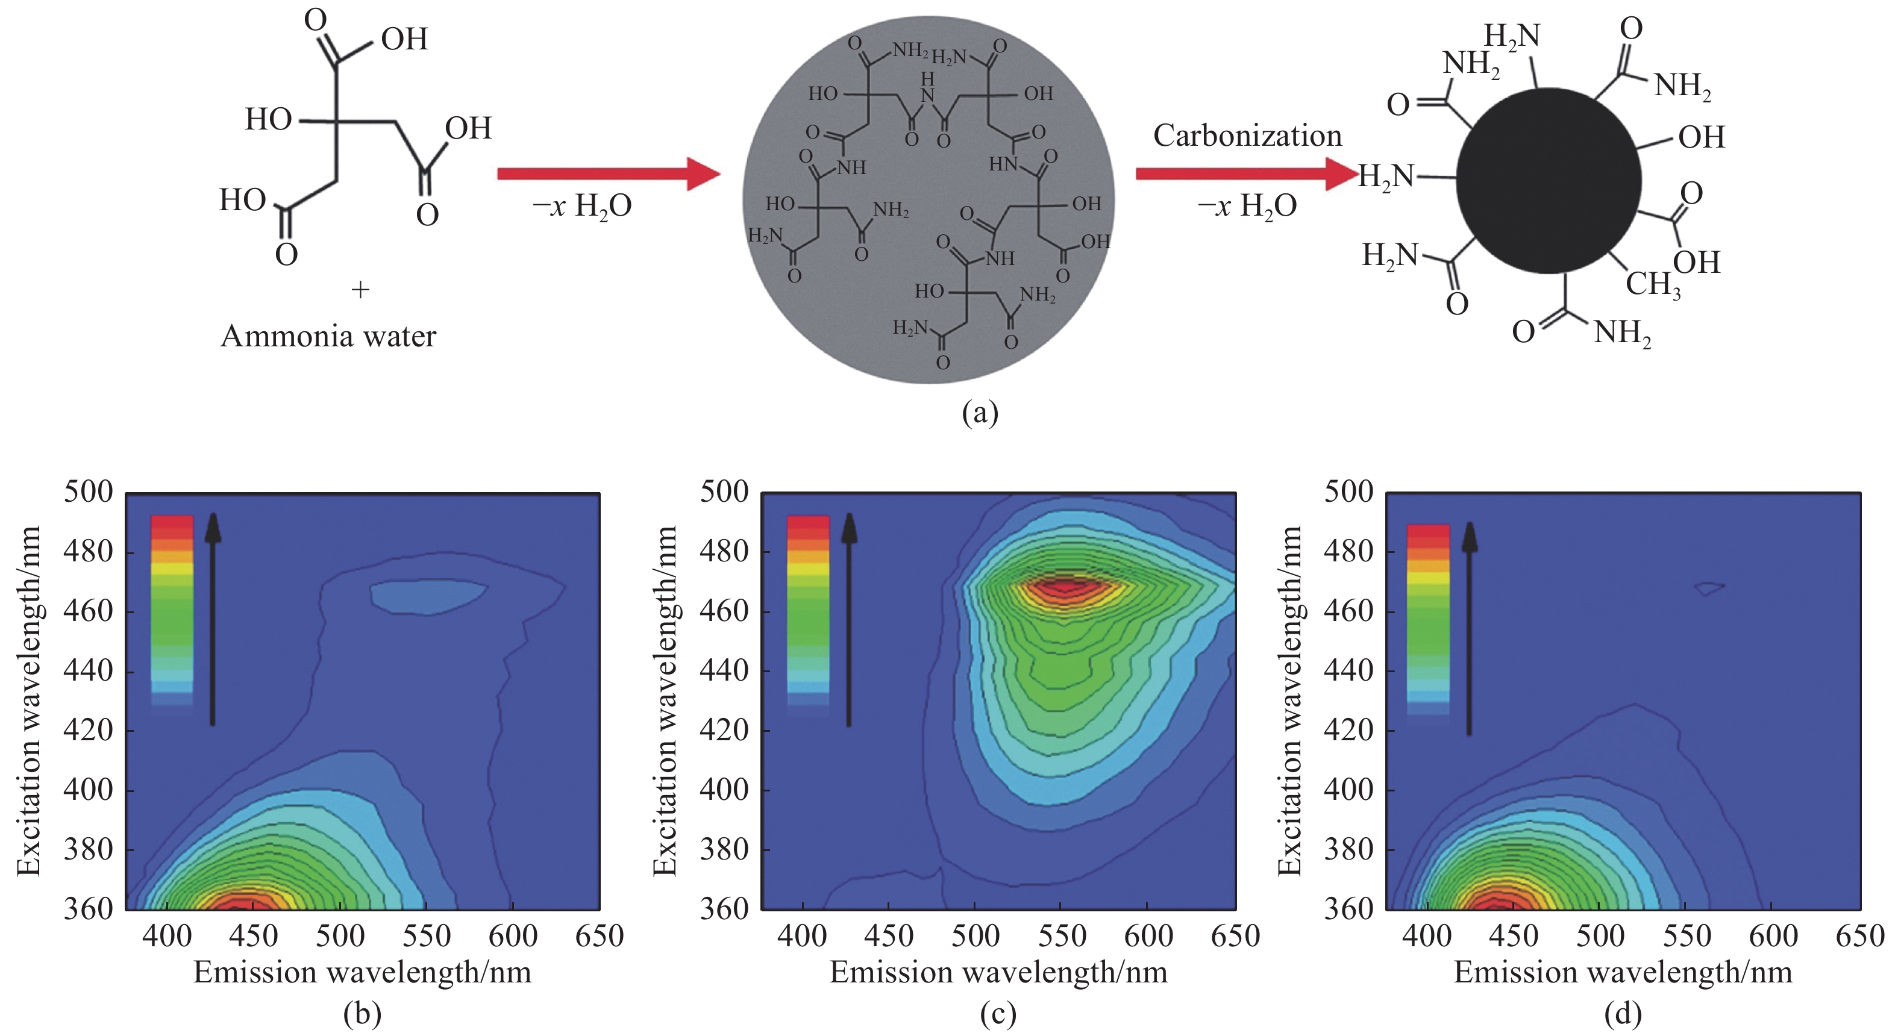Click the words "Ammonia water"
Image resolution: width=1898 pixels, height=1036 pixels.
coord(328,337)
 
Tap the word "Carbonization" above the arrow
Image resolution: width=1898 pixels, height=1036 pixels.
coord(1247,136)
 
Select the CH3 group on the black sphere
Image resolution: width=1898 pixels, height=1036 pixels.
coord(1653,284)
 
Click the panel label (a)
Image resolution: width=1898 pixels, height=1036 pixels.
coord(979,413)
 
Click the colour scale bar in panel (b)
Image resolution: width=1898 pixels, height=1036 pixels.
coord(172,611)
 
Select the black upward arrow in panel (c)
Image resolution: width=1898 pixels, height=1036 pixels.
coord(849,619)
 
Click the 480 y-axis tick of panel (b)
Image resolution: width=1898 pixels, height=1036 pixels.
coord(88,552)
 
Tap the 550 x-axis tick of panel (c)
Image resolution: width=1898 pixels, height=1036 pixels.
coord(1062,936)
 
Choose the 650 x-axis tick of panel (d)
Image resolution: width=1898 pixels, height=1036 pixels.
coord(1859,936)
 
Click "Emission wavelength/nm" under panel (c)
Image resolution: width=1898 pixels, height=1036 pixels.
coord(998,973)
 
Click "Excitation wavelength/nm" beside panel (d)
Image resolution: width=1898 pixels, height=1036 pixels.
coord(1289,701)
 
